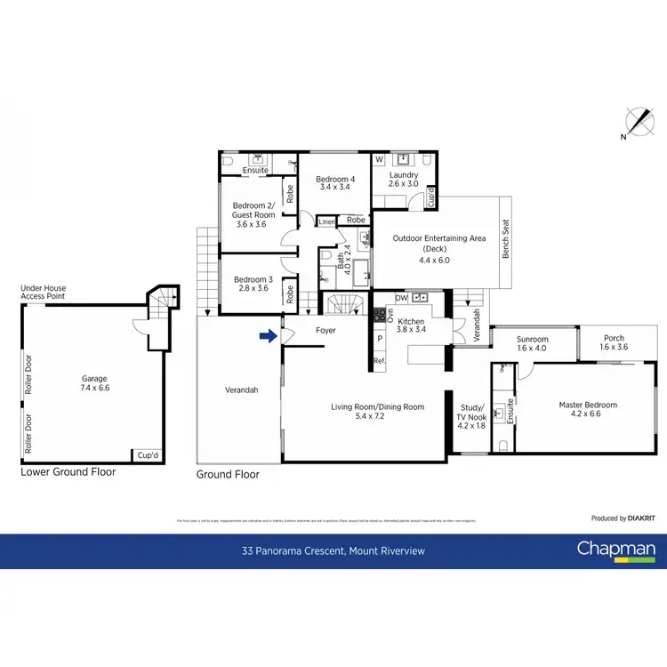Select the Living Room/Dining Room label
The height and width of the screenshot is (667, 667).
point(377,406)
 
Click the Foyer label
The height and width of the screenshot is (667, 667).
point(325,331)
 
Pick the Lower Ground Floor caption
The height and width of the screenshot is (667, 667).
point(68,472)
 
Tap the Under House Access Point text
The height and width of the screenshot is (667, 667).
point(44,293)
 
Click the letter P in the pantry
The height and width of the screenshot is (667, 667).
point(379,339)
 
